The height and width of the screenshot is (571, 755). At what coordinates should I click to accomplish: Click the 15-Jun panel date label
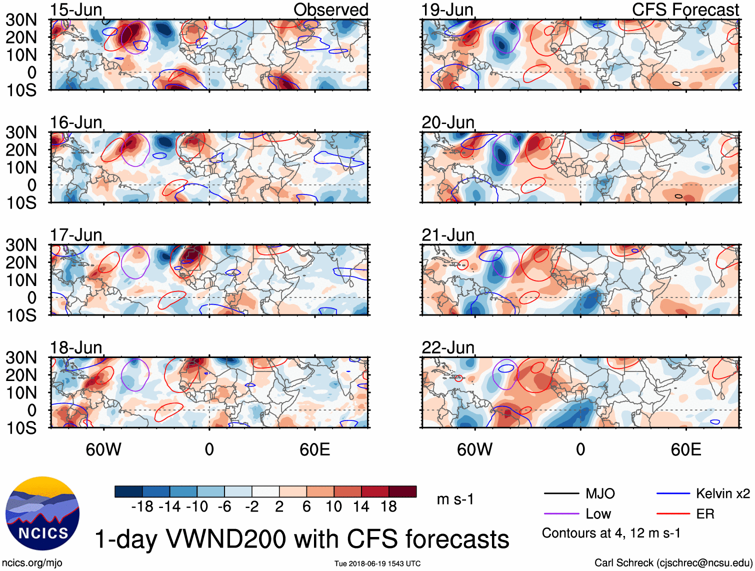tap(76, 10)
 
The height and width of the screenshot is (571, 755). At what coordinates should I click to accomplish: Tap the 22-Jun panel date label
tap(447, 347)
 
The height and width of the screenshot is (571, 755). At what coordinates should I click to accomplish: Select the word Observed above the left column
tap(330, 10)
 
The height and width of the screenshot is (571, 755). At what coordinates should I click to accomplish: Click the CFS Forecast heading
tap(685, 10)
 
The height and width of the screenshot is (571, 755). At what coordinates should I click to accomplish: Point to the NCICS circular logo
tap(42, 513)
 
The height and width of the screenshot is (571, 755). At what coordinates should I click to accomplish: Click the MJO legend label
tap(600, 494)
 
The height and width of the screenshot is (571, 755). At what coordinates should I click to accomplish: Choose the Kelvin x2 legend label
tap(722, 494)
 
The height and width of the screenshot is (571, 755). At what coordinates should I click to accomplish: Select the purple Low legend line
tap(561, 514)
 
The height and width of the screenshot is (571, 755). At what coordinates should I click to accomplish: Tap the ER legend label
tap(705, 514)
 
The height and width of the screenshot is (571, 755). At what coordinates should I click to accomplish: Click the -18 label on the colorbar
tap(142, 507)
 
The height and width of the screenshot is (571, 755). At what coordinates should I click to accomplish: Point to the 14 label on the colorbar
tap(361, 507)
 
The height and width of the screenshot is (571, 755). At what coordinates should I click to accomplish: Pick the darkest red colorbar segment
tap(402, 491)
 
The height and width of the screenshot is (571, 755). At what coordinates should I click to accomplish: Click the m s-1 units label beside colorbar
tap(455, 499)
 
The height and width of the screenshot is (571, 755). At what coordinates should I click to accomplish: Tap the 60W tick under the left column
tap(103, 449)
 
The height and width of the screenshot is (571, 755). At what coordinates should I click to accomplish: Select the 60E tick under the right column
tap(685, 449)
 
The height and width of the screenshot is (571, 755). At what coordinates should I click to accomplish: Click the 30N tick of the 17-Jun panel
tap(21, 245)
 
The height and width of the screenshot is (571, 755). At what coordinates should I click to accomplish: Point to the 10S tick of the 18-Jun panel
tap(21, 428)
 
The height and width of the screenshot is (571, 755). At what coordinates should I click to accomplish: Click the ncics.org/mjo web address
tap(32, 563)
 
